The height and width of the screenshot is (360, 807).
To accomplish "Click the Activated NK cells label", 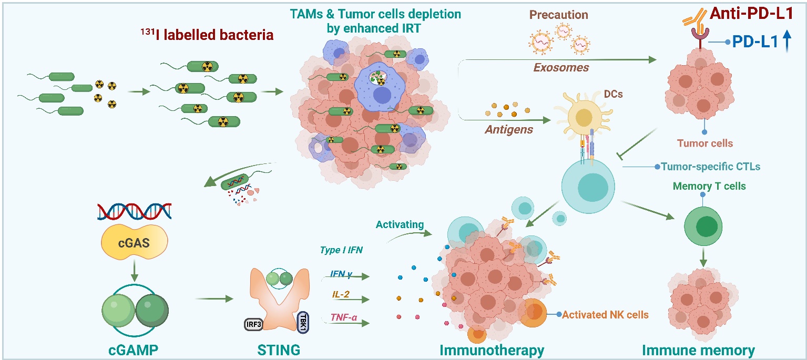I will tap(605, 315).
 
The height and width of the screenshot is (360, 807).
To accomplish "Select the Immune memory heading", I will tap(698, 349).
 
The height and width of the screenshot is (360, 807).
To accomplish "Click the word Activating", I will tap(399, 224).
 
